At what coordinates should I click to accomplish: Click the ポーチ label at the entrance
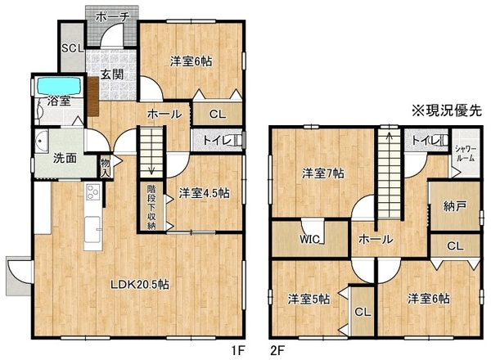pyautogui.click(x=112, y=16)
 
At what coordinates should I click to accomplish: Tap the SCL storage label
pyautogui.click(x=73, y=48)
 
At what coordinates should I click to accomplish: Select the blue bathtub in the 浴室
pyautogui.click(x=59, y=86)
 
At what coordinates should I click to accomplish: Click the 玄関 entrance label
pyautogui.click(x=112, y=74)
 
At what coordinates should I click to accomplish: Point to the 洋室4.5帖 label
pyautogui.click(x=204, y=193)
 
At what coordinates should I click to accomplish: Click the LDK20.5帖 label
pyautogui.click(x=140, y=285)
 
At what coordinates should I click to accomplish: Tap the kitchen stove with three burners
pyautogui.click(x=93, y=191)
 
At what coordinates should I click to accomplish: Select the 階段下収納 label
pyautogui.click(x=151, y=207)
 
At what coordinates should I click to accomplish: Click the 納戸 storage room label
pyautogui.click(x=455, y=207)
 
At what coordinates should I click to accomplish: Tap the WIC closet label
pyautogui.click(x=309, y=239)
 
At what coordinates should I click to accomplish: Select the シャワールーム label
pyautogui.click(x=466, y=153)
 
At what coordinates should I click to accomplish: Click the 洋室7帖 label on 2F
pyautogui.click(x=323, y=173)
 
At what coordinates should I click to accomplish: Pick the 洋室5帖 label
pyautogui.click(x=309, y=299)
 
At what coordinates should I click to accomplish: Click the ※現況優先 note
pyautogui.click(x=447, y=110)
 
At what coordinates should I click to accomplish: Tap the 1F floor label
pyautogui.click(x=237, y=350)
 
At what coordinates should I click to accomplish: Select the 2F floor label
pyautogui.click(x=277, y=350)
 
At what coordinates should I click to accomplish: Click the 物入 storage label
pyautogui.click(x=106, y=167)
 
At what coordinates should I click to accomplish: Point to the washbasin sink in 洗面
pyautogui.click(x=42, y=142)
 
